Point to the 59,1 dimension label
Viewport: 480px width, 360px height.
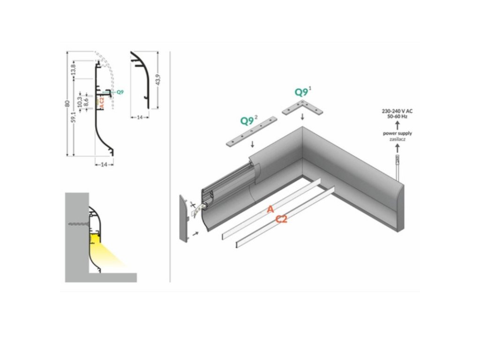tap(74, 117)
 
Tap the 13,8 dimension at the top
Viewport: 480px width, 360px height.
tap(74, 69)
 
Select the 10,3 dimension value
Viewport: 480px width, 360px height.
tap(80, 100)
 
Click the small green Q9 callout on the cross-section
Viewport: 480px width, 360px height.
tap(120, 92)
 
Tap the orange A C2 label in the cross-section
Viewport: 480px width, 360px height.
tap(102, 103)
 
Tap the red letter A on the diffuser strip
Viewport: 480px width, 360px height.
tap(270, 210)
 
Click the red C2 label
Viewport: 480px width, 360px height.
tap(282, 218)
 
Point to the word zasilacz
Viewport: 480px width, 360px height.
tap(397, 139)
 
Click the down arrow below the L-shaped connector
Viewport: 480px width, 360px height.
tap(303, 117)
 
